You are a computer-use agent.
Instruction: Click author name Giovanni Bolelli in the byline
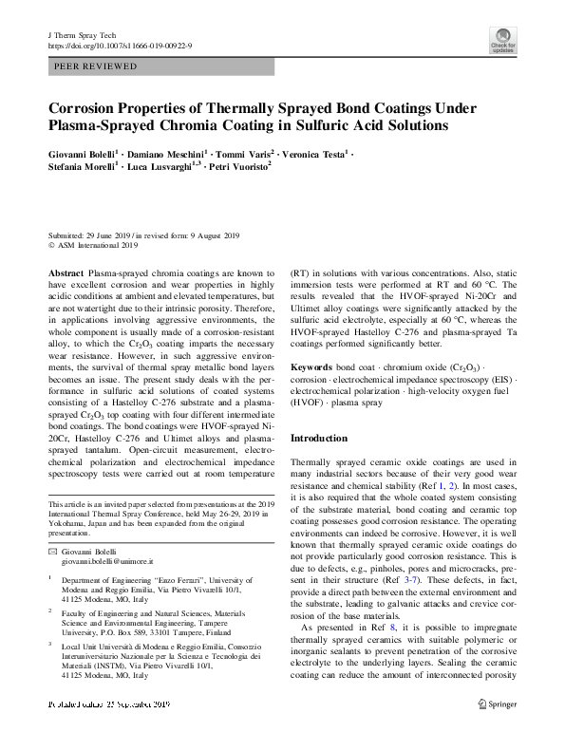tap(84, 153)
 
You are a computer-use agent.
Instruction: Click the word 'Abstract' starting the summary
tap(66, 272)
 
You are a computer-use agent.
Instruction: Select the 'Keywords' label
tap(311, 366)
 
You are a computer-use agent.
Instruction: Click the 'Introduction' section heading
tap(318, 438)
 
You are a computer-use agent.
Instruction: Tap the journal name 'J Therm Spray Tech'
tap(77, 35)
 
